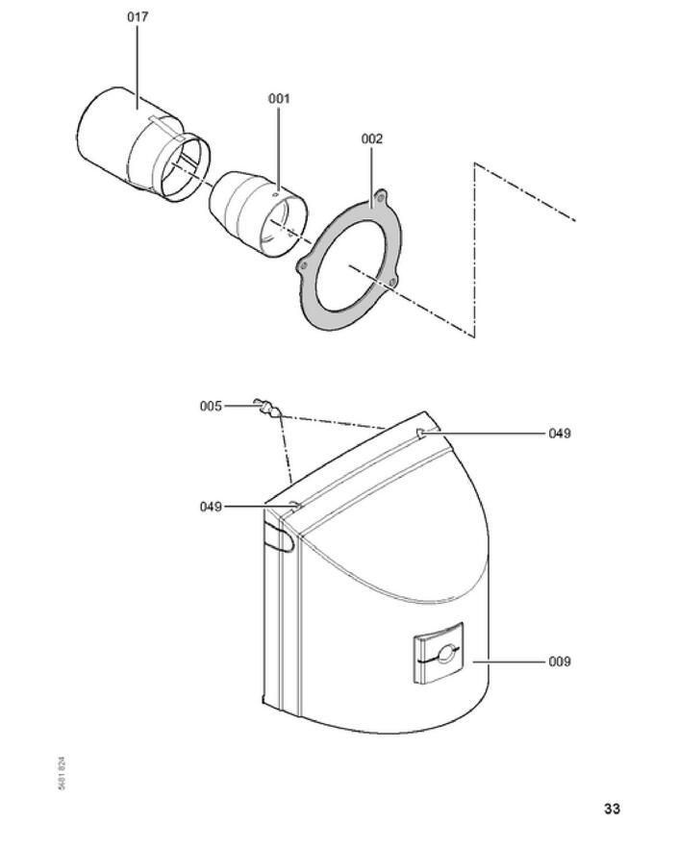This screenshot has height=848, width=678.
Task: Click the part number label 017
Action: coord(137,17)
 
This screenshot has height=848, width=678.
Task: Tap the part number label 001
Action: coord(279,98)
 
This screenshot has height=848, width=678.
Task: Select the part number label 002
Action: coord(372,138)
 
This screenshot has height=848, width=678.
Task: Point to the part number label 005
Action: coord(211,407)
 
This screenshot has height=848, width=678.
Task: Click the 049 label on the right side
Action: coord(560,434)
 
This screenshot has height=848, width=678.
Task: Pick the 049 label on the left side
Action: coord(211,507)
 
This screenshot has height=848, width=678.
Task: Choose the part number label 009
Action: coord(560,661)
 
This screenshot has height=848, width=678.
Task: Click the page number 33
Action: coord(612,809)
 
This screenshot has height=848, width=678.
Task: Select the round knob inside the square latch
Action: coord(443,657)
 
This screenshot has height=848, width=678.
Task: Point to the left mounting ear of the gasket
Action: coord(304,264)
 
